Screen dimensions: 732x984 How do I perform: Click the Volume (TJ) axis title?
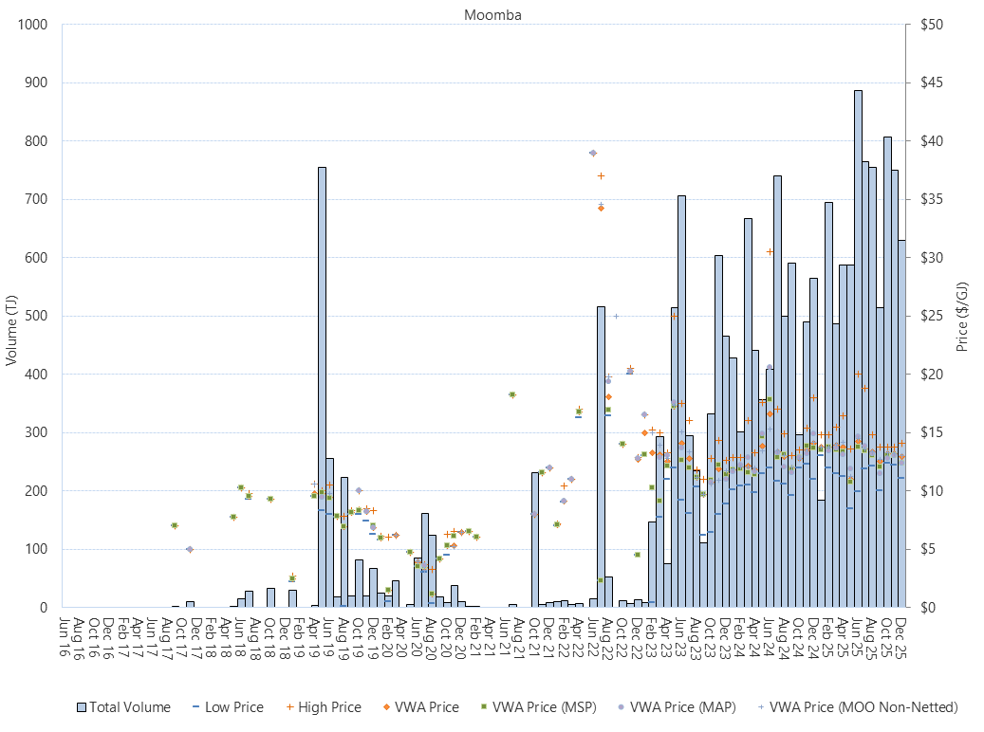pyautogui.click(x=12, y=330)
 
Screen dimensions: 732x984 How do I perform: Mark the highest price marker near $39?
pyautogui.click(x=593, y=153)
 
